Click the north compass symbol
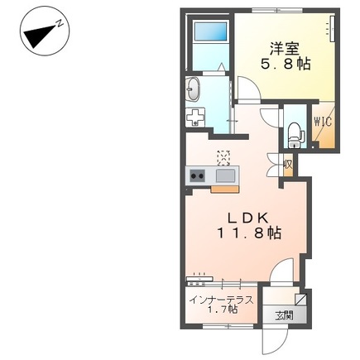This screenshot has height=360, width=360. pyautogui.click(x=44, y=31)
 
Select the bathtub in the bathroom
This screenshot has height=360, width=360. pyautogui.click(x=210, y=31)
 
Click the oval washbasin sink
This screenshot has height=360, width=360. pyautogui.click(x=193, y=89)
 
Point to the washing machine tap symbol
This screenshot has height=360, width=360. pyautogui.click(x=195, y=117)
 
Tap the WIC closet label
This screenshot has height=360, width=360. pyautogui.click(x=323, y=122)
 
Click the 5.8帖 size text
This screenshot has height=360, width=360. pyautogui.click(x=286, y=65)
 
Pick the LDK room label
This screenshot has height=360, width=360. pyautogui.click(x=247, y=218)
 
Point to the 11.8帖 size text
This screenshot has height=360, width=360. pyautogui.click(x=249, y=233)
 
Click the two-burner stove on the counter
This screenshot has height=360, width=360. pyautogui.click(x=197, y=175)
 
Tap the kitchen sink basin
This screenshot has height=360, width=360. pyautogui.click(x=225, y=175)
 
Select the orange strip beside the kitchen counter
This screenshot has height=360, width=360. pyautogui.click(x=225, y=189)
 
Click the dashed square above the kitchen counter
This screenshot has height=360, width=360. pyautogui.click(x=223, y=158)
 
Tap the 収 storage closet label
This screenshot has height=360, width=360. pyautogui.click(x=288, y=166)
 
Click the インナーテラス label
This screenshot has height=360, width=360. pyautogui.click(x=222, y=300)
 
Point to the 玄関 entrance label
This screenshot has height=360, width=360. pyautogui.click(x=284, y=315)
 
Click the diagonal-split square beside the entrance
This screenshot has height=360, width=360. pyautogui.click(x=300, y=300)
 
